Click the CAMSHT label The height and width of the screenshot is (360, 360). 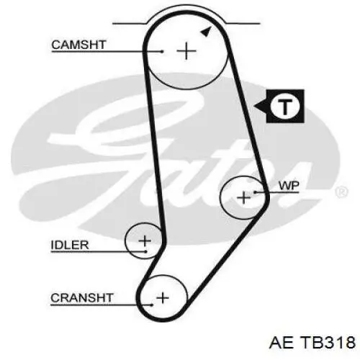(x=78, y=45)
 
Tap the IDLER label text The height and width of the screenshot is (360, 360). (x=70, y=245)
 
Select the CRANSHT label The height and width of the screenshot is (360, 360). (x=81, y=298)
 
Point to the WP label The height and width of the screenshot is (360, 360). (x=289, y=186)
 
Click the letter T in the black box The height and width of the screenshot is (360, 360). (x=285, y=107)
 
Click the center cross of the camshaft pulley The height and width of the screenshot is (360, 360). (x=186, y=51)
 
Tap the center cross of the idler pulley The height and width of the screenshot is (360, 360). (x=145, y=240)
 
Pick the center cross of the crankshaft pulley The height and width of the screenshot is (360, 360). (x=163, y=298)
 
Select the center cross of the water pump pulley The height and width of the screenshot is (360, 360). (x=243, y=198)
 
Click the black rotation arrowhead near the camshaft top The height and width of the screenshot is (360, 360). (x=207, y=32)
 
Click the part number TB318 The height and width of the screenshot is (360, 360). (x=328, y=343)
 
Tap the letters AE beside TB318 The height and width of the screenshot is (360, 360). (x=282, y=343)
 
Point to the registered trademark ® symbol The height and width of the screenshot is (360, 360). (x=341, y=192)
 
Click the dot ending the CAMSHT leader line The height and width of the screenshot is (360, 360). (x=163, y=51)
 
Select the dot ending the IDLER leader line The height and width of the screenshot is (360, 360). (x=145, y=251)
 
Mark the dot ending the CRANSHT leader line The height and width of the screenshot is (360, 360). (x=152, y=305)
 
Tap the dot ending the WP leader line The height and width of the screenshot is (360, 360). (x=255, y=192)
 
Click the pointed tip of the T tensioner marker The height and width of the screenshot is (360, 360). (x=254, y=106)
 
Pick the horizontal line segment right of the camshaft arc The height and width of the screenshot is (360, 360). (x=243, y=24)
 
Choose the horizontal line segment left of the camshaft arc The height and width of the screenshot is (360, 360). (x=130, y=24)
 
